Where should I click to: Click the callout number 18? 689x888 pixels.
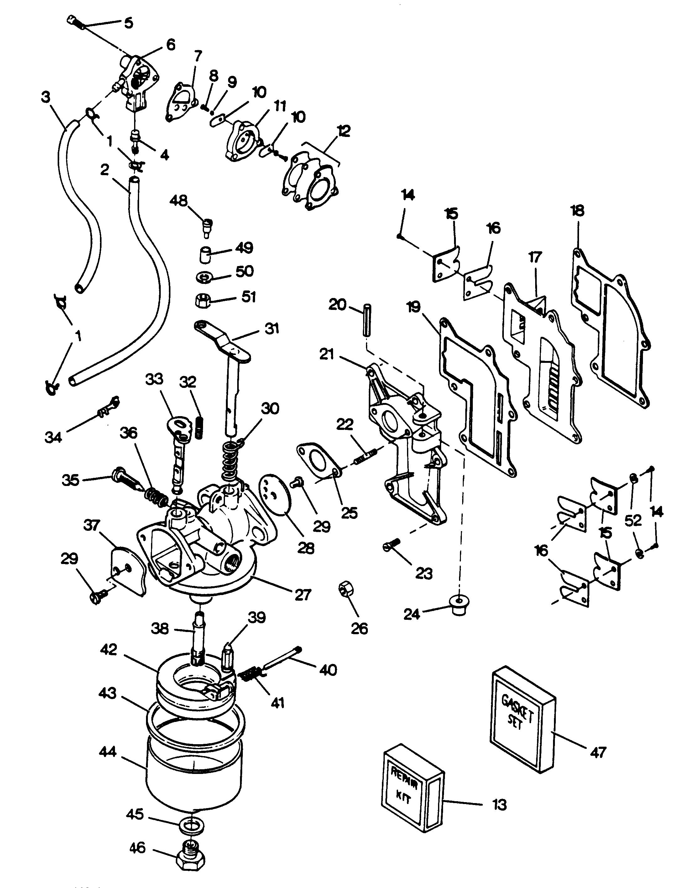coord(577,211)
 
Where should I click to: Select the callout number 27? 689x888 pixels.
coord(303,594)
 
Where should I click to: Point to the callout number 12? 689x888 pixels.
coord(343,131)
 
